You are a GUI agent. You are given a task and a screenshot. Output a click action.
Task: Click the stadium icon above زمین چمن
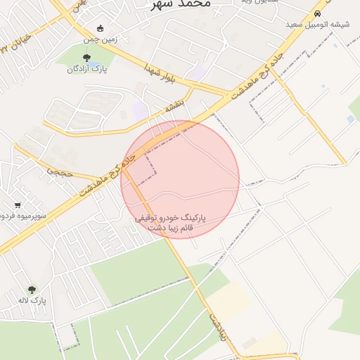tap(100, 29)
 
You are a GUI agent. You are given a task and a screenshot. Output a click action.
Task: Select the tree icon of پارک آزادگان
tap(87, 58)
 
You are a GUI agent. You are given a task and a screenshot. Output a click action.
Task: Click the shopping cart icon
tap(17, 205)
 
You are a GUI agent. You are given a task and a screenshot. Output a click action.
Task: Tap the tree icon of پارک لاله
tap(32, 289)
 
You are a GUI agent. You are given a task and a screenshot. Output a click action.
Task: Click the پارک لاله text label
tap(32, 300)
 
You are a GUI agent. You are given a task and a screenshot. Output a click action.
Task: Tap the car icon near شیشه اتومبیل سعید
tap(318, 13)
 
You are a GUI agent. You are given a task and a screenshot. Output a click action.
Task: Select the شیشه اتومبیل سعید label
tap(317, 25)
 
